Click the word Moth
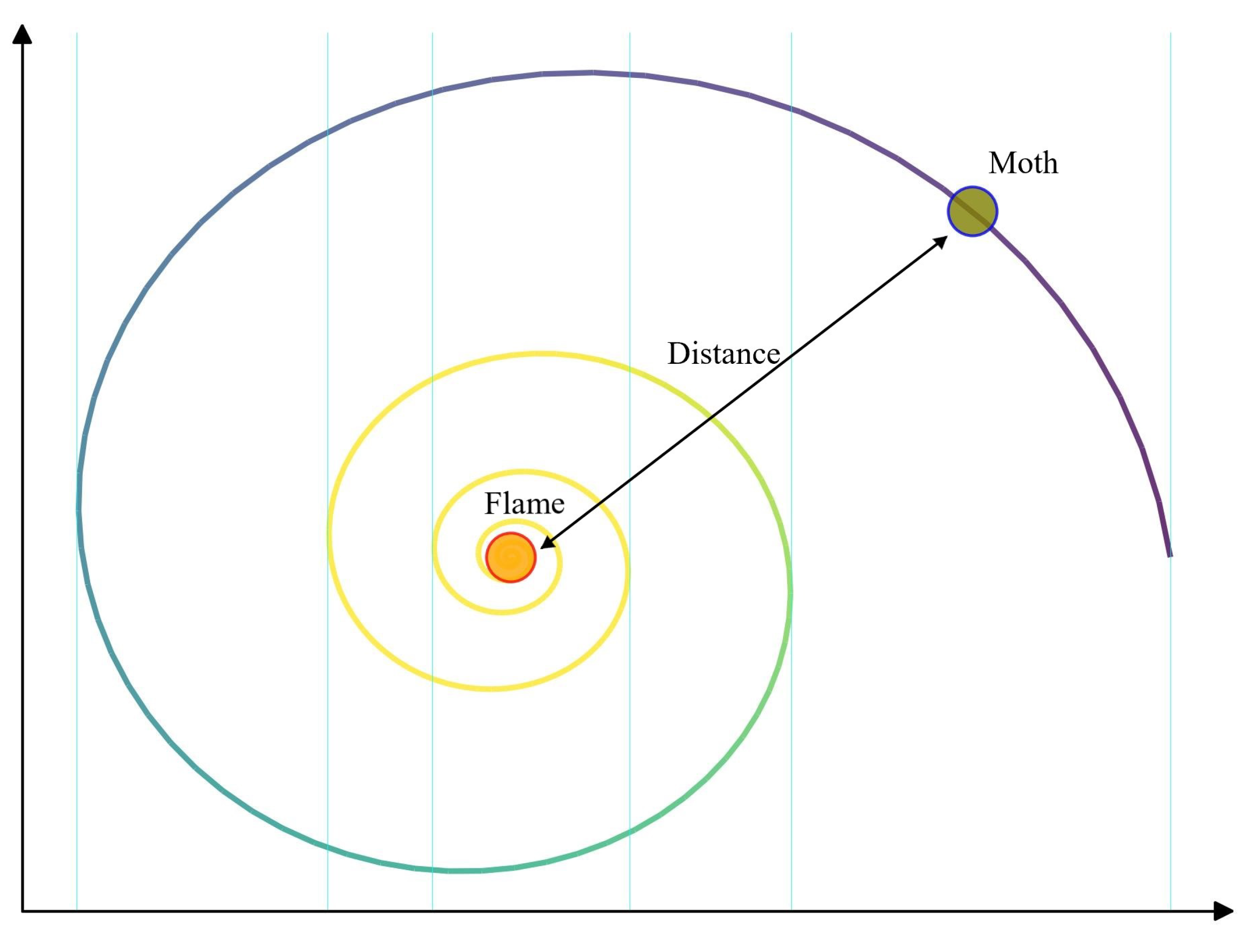(x=1023, y=163)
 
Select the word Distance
(x=723, y=354)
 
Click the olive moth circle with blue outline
(x=972, y=211)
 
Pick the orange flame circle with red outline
(x=510, y=557)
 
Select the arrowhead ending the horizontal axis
(x=1223, y=911)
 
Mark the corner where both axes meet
(x=23, y=911)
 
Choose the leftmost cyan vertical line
(x=77, y=471)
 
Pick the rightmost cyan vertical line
(x=1170, y=471)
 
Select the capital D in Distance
(x=677, y=354)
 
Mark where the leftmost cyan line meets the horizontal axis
(x=77, y=911)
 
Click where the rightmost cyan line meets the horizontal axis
(x=1170, y=911)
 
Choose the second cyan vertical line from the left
(x=328, y=471)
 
